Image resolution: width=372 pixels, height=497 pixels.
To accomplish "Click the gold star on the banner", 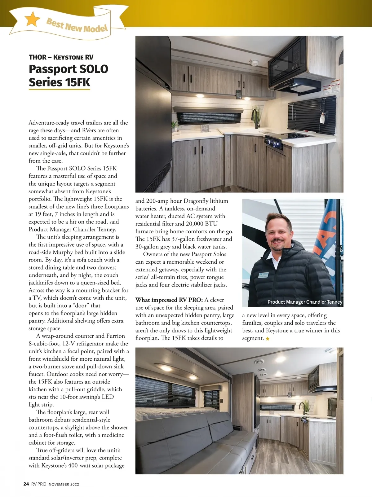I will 32,19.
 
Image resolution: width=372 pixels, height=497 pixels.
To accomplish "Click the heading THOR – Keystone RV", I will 61,57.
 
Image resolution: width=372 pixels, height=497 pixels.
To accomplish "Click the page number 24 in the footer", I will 26,484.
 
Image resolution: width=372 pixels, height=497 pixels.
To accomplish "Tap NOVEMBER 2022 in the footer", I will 64,484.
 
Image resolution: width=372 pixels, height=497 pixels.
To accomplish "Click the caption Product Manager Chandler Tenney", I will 305,302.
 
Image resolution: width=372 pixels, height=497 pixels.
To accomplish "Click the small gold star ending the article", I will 268,339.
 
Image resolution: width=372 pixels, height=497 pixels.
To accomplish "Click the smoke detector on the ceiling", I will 255,63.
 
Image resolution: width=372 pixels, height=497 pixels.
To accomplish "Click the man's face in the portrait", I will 278,232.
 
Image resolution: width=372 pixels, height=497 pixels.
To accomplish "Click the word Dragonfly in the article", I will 201,201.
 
